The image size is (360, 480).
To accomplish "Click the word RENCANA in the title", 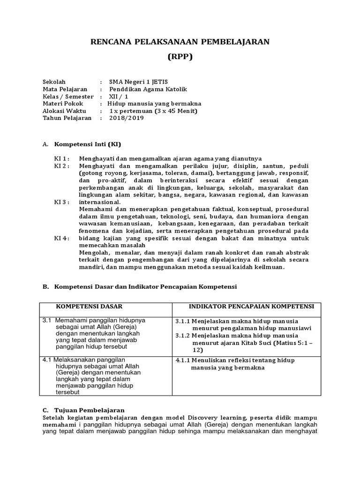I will point(112,42).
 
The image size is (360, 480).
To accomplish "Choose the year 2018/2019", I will point(127,118).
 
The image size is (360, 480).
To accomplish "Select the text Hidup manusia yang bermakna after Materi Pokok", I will point(154,104).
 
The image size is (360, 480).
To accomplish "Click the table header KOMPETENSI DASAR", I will point(89,306).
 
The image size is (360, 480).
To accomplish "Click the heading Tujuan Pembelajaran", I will point(90,409).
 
